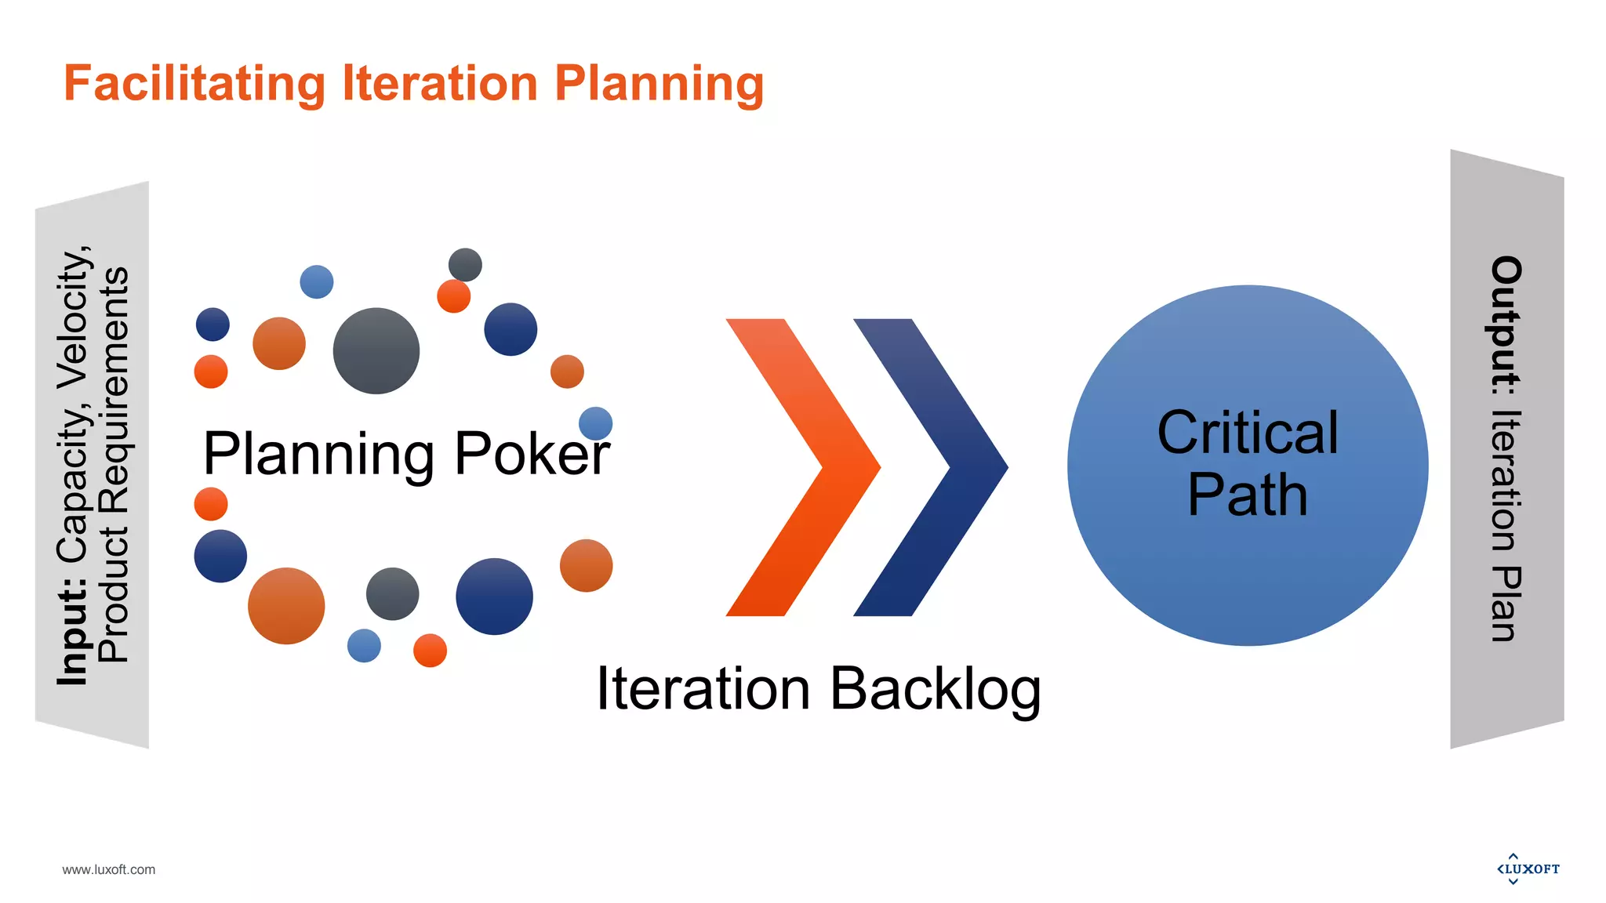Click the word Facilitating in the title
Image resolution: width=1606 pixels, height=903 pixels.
(194, 84)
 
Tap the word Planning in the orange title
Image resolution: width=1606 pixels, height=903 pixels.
(659, 84)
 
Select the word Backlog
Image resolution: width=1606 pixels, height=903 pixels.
(935, 689)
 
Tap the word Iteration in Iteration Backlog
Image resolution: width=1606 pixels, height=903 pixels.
(703, 689)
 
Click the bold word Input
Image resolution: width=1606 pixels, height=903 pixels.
(72, 632)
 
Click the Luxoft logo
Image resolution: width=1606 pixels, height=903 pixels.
(1528, 869)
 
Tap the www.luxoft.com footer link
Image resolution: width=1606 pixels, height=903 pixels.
(109, 869)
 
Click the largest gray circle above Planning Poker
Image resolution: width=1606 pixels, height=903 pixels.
(376, 350)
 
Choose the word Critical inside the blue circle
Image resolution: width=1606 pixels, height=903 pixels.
(1248, 433)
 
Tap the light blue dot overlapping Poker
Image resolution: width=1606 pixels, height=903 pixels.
(595, 423)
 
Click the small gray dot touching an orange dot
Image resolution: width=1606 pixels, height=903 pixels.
(465, 265)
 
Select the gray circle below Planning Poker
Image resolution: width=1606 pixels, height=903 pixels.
(392, 593)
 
